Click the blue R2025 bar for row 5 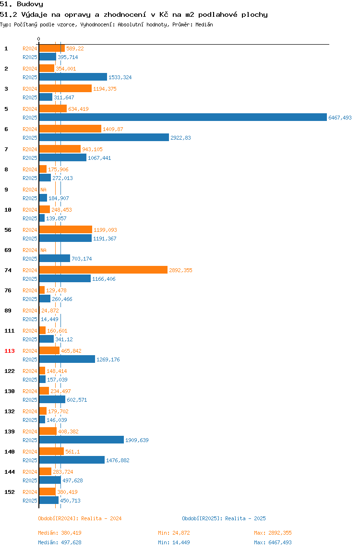coord(183,118)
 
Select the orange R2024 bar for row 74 coord(103,270)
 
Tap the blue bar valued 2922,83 coord(104,137)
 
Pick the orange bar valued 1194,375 coord(65,88)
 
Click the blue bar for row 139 coord(81,440)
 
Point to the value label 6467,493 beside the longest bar coord(340,118)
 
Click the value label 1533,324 coord(120,77)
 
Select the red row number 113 coord(10,351)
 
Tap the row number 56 coord(8,230)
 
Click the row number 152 coord(10,492)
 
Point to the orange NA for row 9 coord(43,190)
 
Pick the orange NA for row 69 coord(43,250)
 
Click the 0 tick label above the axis coord(39,39)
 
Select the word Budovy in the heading coord(30,4)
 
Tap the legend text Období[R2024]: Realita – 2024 coord(80,518)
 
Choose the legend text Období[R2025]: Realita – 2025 coord(224,518)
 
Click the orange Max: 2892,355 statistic coord(273,533)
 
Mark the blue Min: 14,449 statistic coord(174,542)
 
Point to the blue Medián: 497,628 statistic coord(60,542)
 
